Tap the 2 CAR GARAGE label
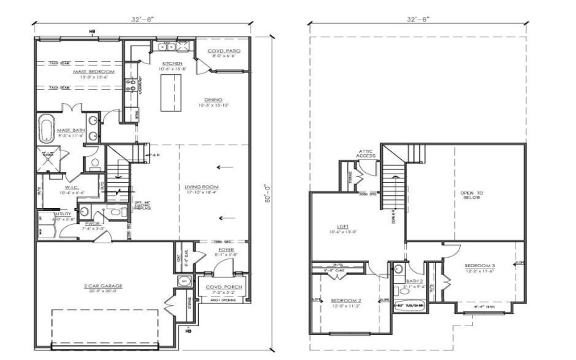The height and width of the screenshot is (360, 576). click(x=103, y=286)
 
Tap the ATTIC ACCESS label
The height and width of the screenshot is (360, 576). click(x=366, y=153)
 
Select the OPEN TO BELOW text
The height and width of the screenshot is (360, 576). click(x=472, y=197)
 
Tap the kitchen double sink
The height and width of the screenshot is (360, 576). click(x=168, y=48)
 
